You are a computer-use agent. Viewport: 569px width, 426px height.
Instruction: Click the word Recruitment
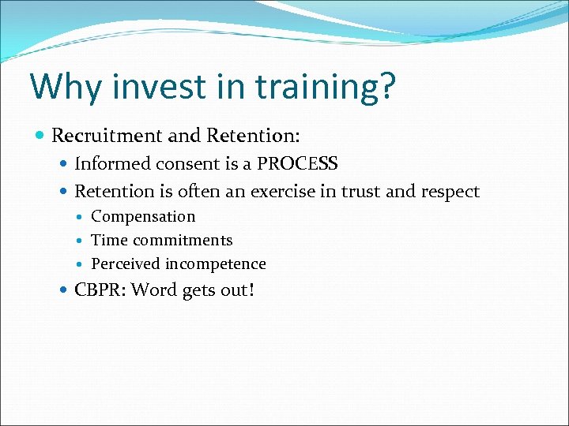(x=107, y=136)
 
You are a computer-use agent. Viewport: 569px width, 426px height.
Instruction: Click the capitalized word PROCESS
(x=298, y=164)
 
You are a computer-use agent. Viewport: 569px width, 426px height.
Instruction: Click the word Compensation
(x=143, y=217)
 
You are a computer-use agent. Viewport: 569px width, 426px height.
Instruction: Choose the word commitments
(x=183, y=241)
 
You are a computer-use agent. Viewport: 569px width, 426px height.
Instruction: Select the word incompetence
(x=216, y=264)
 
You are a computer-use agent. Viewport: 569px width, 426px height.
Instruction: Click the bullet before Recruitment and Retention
(x=41, y=136)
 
